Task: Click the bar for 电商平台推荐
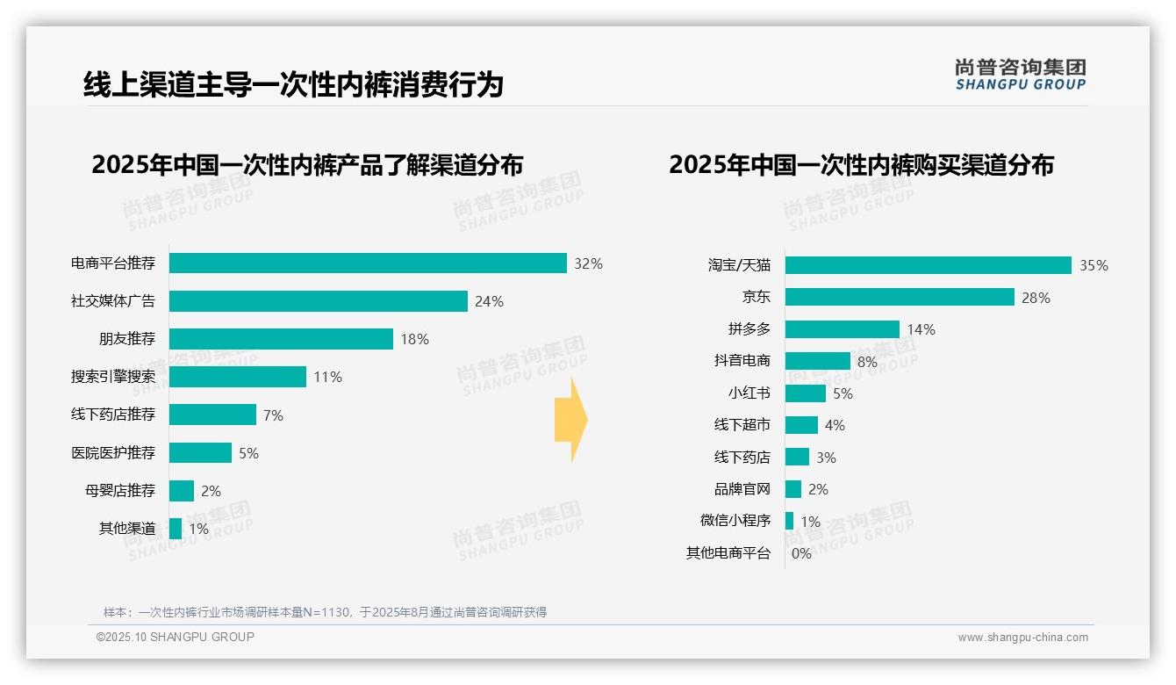pos(368,263)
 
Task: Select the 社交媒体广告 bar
pos(318,301)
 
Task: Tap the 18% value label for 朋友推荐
pos(414,339)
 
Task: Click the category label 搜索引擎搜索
pos(113,377)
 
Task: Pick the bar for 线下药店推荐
pos(212,415)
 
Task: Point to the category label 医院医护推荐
pos(113,453)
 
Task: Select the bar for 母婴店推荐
pos(182,491)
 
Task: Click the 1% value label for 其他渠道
pos(198,529)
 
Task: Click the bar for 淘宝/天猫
pos(928,265)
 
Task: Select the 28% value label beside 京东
pos(1036,298)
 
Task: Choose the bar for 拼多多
pos(842,329)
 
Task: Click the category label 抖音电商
pos(742,361)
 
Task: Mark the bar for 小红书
pos(805,393)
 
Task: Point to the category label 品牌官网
pos(742,489)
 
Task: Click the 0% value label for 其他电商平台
pos(801,553)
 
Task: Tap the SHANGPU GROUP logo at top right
pos(1020,75)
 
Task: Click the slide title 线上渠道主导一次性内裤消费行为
pos(293,84)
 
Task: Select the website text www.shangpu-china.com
pos(1022,638)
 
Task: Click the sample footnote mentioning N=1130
pos(325,612)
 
